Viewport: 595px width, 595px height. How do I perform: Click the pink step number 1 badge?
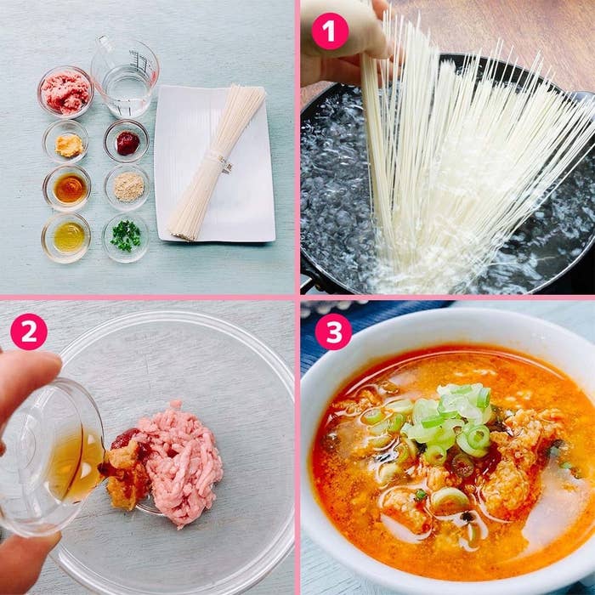coord(330,31)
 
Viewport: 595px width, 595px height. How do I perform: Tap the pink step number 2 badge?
coord(29,331)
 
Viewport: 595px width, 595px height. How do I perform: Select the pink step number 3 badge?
coord(333,331)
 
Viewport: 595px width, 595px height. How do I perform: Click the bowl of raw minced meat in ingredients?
coord(65,92)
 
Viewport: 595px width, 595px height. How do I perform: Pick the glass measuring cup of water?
coord(124,76)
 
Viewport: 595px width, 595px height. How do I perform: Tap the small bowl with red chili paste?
coord(127,141)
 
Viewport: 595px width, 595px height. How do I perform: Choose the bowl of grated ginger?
coord(65,142)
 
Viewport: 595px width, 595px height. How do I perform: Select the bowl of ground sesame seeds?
coord(127,188)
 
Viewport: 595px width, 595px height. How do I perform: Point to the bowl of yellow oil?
coord(66,237)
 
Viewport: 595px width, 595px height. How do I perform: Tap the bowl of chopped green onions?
coord(126,237)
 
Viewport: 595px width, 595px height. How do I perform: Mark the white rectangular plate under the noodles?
coord(215,163)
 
